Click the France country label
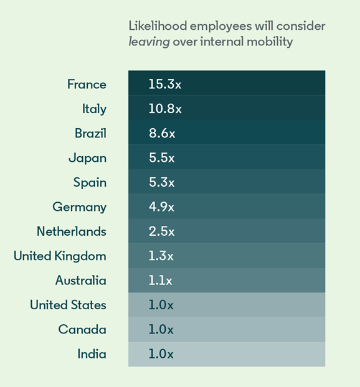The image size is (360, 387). pos(87,85)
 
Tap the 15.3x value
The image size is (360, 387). pos(165,84)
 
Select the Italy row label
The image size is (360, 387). pos(94,109)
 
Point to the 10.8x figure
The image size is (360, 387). pos(165,109)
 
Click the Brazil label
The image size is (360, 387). pos(90,133)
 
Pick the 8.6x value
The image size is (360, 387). pos(162,133)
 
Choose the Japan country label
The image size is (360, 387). pos(87,158)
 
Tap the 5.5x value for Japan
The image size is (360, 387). pos(161,157)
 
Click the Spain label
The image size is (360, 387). pos(90,183)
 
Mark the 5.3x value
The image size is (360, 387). pos(161,182)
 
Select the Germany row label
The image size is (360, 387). pos(79,207)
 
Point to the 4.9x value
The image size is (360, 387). pos(161,207)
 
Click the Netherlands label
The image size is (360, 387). pos(72,231)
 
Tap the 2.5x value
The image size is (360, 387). pos(161,231)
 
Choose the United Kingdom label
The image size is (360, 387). pos(60,256)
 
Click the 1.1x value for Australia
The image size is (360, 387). pos(160,281)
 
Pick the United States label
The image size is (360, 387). pos(68,305)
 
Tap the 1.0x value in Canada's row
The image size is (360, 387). pos(161,330)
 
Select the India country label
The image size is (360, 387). pos(92,354)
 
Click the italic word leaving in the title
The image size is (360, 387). pos(149,42)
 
